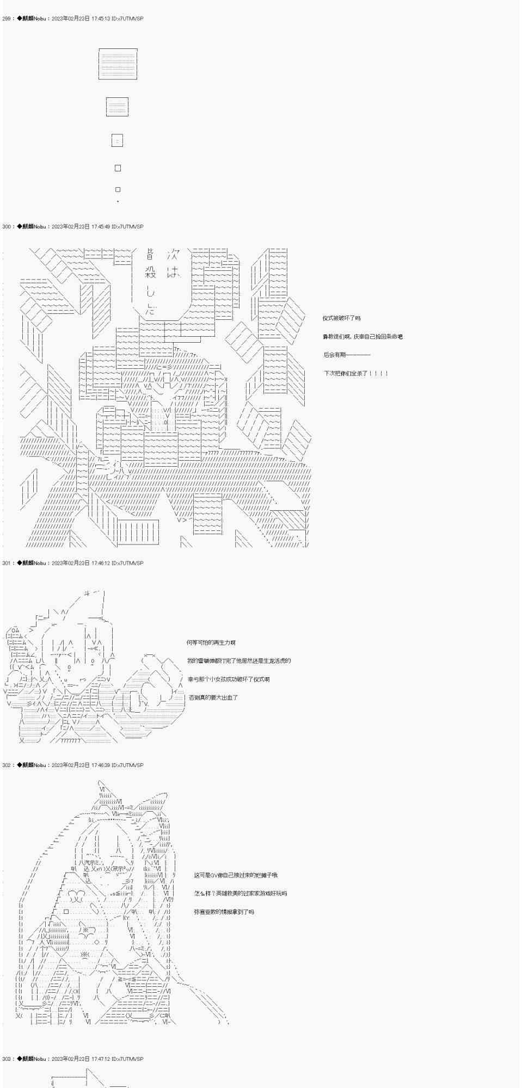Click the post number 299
7,18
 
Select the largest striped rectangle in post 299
118,64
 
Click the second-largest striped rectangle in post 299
117,107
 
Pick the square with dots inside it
117,141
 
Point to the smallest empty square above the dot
118,189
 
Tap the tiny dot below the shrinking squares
118,202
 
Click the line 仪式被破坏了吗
341,318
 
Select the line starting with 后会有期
347,355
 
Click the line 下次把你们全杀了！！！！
356,373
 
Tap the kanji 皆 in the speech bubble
151,254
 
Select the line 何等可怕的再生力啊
211,642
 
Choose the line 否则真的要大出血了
213,697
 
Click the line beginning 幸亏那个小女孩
228,679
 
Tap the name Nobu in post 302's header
39,765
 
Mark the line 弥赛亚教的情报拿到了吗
224,911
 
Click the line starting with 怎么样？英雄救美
240,893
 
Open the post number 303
7,1059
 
